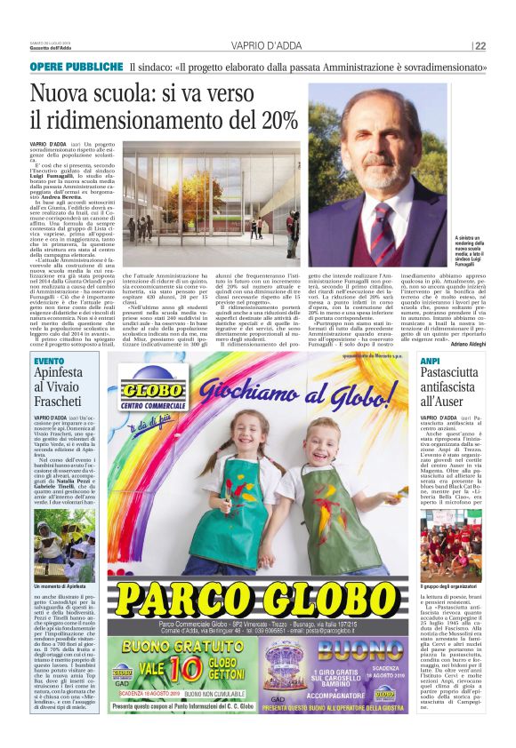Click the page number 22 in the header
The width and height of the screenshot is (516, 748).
(x=480, y=46)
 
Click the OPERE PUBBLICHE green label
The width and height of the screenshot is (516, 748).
(x=76, y=68)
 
